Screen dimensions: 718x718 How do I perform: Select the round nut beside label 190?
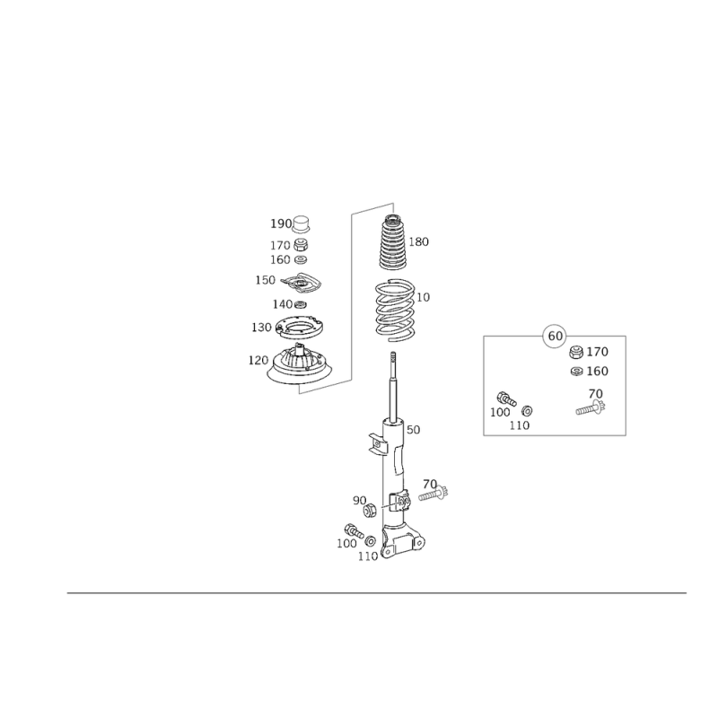pyautogui.click(x=302, y=223)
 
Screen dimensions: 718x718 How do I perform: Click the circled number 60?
pyautogui.click(x=554, y=337)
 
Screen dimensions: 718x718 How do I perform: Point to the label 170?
pyautogui.click(x=598, y=352)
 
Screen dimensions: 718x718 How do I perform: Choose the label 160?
pyautogui.click(x=598, y=371)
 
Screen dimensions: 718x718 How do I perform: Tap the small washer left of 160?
pyautogui.click(x=575, y=371)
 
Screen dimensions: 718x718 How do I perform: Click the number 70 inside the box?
pyautogui.click(x=595, y=393)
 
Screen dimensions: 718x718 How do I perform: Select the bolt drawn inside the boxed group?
pyautogui.click(x=590, y=410)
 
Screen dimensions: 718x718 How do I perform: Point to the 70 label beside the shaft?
pyautogui.click(x=429, y=483)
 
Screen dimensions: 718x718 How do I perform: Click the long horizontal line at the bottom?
pyautogui.click(x=377, y=594)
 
